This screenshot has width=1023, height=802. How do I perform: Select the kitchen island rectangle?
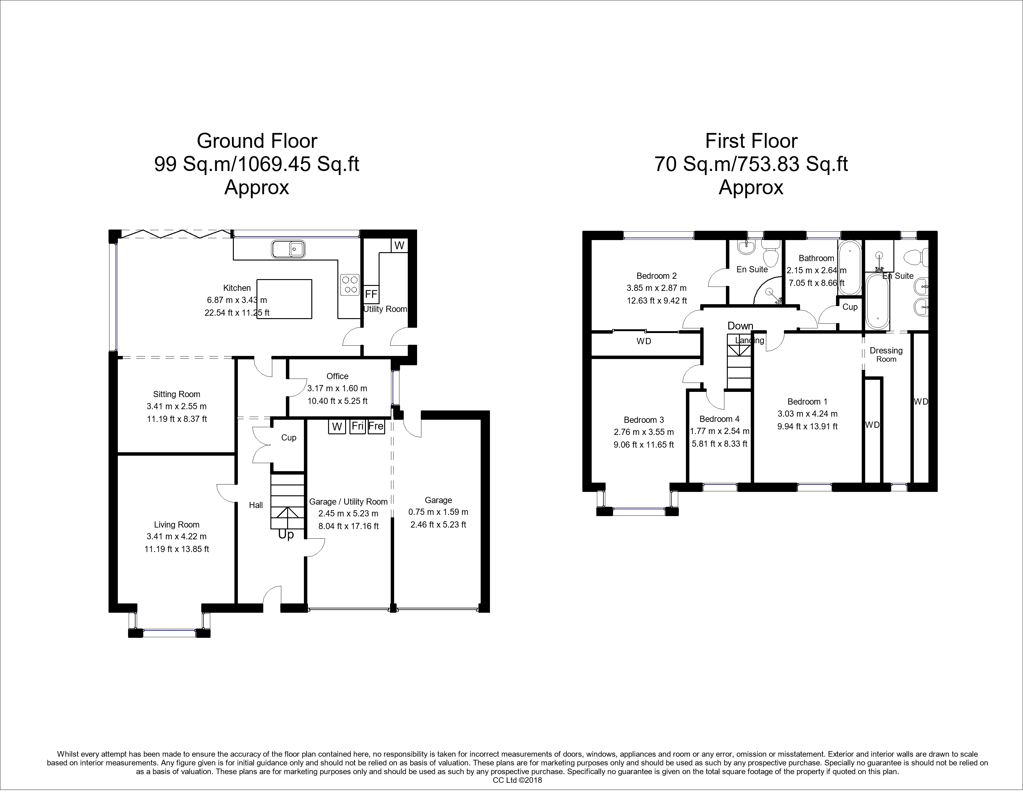click(x=284, y=299)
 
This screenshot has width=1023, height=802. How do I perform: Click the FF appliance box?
click(x=371, y=294)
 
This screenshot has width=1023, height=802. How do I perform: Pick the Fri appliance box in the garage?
click(x=358, y=426)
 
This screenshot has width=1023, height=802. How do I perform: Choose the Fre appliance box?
click(x=376, y=426)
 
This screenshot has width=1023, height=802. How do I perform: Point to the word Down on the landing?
click(x=740, y=326)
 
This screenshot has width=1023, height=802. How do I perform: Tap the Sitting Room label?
click(x=177, y=394)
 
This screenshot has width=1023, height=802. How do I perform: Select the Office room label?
click(x=337, y=376)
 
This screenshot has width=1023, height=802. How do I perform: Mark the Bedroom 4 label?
click(x=719, y=419)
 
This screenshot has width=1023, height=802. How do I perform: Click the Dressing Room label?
click(x=886, y=354)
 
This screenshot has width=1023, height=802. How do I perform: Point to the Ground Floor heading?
click(x=257, y=141)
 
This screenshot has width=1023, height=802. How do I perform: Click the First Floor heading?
click(x=751, y=141)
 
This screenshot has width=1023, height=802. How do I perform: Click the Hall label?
click(x=256, y=505)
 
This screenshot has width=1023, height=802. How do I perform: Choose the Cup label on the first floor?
click(x=850, y=307)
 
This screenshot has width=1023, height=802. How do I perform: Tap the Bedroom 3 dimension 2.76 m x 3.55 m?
click(x=644, y=432)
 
